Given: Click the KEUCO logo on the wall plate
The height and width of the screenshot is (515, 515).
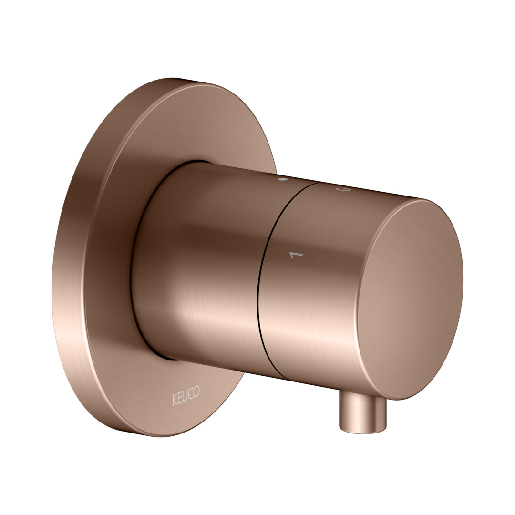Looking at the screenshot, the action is pos(186,395).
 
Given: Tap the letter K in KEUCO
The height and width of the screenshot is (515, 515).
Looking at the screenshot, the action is pos(175,401).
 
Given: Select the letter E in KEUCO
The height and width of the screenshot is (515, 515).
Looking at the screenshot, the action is pos(180,398).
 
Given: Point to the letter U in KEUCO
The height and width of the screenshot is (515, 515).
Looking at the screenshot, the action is pos(185,396).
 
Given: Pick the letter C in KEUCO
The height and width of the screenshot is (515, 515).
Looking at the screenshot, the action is pos(191,393).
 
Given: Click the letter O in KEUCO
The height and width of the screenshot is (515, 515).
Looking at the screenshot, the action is pos(196,391).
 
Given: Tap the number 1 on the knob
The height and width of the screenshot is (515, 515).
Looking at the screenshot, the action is pos(296,255).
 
